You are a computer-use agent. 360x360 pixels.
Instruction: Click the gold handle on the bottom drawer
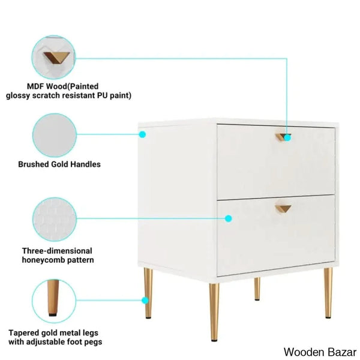click(283, 208)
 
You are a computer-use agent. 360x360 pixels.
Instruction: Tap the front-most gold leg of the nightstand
click(214, 312)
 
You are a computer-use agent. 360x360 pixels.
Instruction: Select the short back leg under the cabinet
click(257, 289)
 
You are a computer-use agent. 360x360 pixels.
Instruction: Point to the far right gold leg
click(328, 293)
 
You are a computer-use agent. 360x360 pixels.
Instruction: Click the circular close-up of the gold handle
click(53, 58)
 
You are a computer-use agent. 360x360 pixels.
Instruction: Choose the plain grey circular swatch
click(55, 136)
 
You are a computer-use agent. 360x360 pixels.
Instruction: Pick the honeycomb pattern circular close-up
click(55, 219)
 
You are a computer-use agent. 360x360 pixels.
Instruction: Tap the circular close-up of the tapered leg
click(54, 301)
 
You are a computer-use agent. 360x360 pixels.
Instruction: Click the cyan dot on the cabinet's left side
click(142, 134)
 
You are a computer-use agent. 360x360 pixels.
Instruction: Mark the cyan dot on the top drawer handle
click(287, 138)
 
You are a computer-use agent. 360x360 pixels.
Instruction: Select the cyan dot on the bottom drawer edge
click(228, 218)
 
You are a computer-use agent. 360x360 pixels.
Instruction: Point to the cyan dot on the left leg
click(145, 301)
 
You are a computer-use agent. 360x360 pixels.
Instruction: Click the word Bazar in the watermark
click(342, 352)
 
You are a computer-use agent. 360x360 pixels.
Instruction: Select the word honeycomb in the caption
click(42, 260)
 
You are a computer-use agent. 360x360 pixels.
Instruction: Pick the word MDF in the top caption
click(35, 86)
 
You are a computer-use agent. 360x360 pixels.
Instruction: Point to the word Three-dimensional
click(57, 251)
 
